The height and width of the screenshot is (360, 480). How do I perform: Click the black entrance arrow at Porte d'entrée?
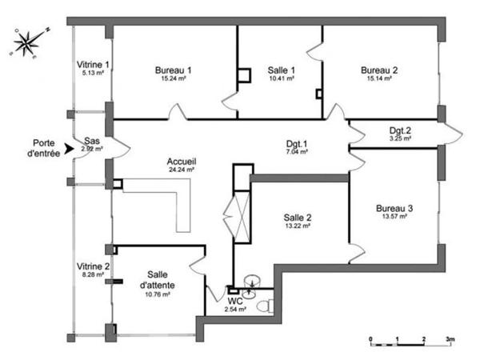pos(70,148)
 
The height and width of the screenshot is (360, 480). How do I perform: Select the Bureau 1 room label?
pos(173,70)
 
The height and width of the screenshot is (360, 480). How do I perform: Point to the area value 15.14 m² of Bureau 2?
pos(379,78)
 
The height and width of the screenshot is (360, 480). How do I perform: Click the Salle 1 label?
pos(281,70)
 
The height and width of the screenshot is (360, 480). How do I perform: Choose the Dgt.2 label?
pos(400,130)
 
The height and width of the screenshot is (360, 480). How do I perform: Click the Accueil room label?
pos(182,162)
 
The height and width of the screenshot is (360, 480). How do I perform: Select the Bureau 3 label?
pos(394,209)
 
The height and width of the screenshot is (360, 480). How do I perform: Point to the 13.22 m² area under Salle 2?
pos(297,226)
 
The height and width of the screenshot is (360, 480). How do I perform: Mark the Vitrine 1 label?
pos(93,64)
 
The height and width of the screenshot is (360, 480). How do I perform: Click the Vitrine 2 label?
pos(93,266)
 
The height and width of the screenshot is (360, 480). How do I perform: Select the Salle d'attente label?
pos(158,280)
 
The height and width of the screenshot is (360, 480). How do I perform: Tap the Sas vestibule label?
pos(92,140)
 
